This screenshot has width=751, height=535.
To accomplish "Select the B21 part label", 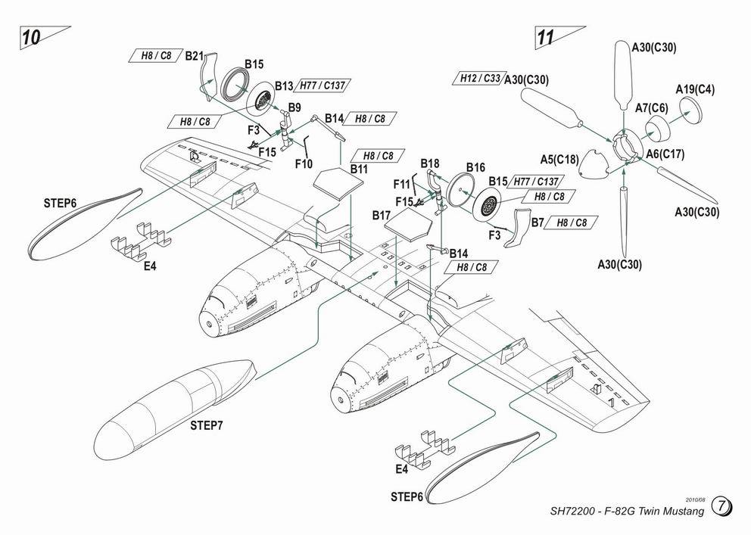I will coord(195,56).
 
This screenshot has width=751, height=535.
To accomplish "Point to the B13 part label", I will coord(284,86).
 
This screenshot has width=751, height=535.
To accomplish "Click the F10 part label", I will coord(304,163).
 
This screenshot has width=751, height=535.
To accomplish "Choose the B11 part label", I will coord(359,170).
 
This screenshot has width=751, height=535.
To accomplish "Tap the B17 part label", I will coord(381,216).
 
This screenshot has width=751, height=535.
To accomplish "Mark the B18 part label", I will coord(430,163).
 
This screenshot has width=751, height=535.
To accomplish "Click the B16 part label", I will coord(475,167).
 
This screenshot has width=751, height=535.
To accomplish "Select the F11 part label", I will coord(401,185).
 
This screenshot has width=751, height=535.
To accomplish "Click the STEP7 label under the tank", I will coord(206,425).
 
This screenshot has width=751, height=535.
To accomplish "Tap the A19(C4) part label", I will coord(695,89).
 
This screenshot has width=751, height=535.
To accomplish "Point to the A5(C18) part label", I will coord(559,160).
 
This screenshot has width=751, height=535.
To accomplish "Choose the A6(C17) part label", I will coord(665,154).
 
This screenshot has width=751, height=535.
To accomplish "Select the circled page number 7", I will coord(721,506).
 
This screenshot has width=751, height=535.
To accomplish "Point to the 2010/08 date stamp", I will coord(694,499).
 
